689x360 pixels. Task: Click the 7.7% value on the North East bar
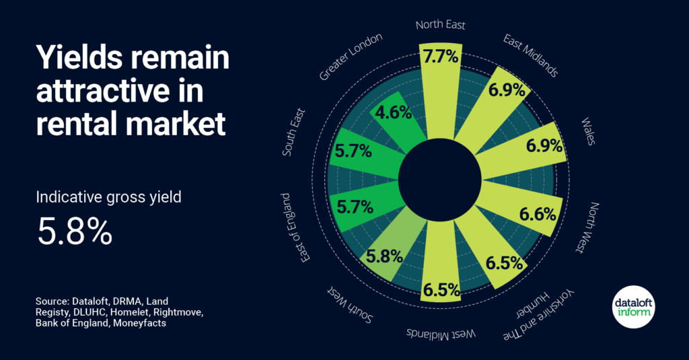coord(441,57)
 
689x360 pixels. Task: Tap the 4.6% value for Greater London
coord(393,112)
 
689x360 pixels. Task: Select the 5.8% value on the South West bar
coord(384,256)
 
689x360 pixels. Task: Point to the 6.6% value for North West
coord(538,215)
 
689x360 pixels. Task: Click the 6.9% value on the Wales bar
coord(544,145)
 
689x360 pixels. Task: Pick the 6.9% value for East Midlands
coord(507,90)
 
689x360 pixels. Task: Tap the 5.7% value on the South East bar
coord(353,151)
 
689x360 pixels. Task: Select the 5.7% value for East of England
coord(355,207)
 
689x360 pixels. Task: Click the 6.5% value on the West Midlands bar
coord(441,290)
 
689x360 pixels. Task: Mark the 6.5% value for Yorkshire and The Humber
coord(505,263)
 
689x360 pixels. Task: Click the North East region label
coord(440,25)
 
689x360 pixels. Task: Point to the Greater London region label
coord(351,57)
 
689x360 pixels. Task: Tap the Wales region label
coord(588,131)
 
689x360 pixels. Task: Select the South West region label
coord(350,304)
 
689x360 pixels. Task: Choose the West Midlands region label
coord(441,334)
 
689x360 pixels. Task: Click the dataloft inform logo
coord(634,307)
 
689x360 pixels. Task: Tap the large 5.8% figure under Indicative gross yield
coord(75,231)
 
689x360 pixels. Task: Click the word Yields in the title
coord(78,58)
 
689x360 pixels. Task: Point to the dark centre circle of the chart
coord(440,180)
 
